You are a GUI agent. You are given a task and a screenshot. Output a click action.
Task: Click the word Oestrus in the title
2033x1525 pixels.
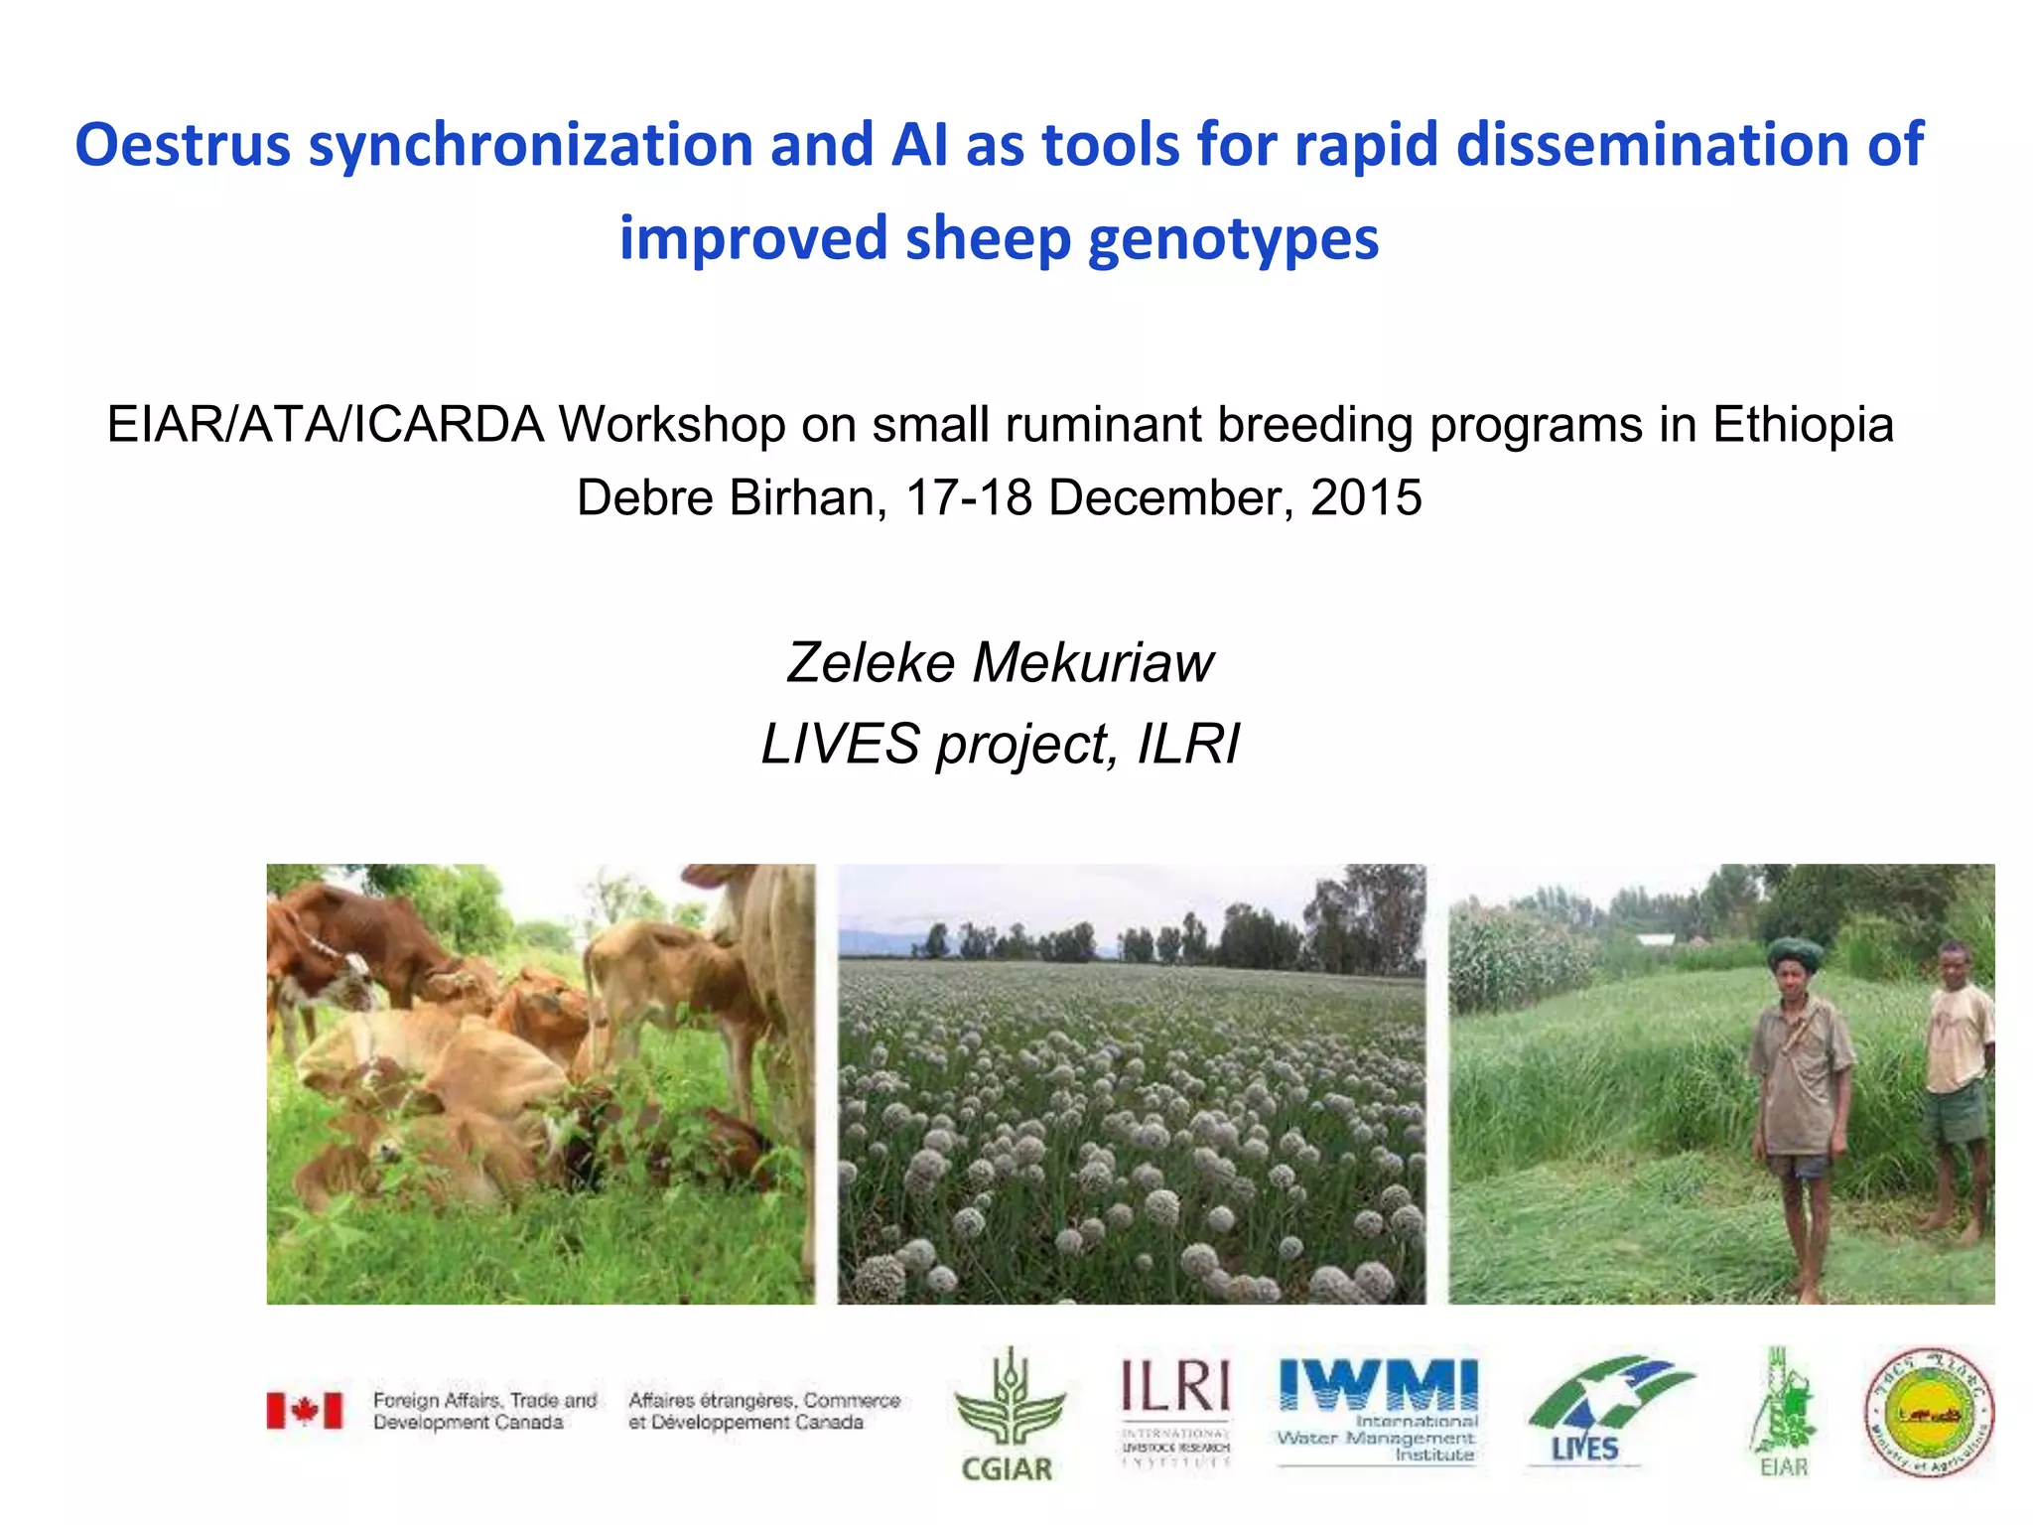(x=183, y=145)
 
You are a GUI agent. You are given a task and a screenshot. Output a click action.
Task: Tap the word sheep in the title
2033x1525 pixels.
(x=989, y=239)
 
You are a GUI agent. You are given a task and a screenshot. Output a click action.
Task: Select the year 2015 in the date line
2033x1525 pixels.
(x=1366, y=497)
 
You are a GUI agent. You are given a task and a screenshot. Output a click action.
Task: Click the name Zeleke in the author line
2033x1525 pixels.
(x=871, y=662)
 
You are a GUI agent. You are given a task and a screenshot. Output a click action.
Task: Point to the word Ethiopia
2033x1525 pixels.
(x=1803, y=425)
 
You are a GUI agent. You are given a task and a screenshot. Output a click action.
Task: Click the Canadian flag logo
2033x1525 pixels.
(x=305, y=1410)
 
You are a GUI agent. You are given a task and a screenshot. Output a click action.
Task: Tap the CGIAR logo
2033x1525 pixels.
(x=1008, y=1414)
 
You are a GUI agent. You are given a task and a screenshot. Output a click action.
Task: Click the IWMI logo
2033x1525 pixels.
(x=1377, y=1410)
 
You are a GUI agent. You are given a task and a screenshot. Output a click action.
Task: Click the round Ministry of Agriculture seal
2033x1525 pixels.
(x=1929, y=1412)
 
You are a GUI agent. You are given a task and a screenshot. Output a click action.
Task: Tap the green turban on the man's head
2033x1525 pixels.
(x=1795, y=953)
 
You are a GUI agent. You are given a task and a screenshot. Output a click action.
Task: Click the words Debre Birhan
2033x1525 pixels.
(x=731, y=497)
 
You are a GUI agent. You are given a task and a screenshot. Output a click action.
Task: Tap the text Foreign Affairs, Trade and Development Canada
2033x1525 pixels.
(x=484, y=1411)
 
